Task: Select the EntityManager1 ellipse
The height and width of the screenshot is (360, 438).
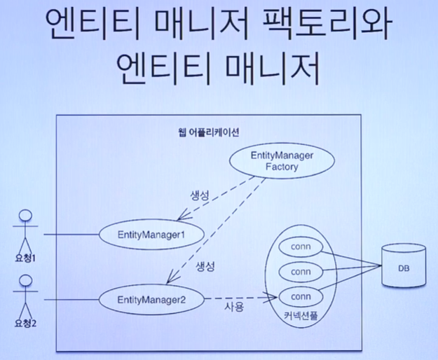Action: (x=152, y=234)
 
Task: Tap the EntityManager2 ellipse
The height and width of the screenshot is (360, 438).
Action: (x=152, y=300)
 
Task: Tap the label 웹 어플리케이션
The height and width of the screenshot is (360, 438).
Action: (x=211, y=131)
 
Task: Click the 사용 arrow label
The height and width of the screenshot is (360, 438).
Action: (x=234, y=307)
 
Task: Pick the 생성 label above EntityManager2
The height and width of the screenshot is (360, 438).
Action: (x=203, y=267)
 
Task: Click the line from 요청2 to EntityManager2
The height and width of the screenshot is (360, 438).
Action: (x=70, y=300)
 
